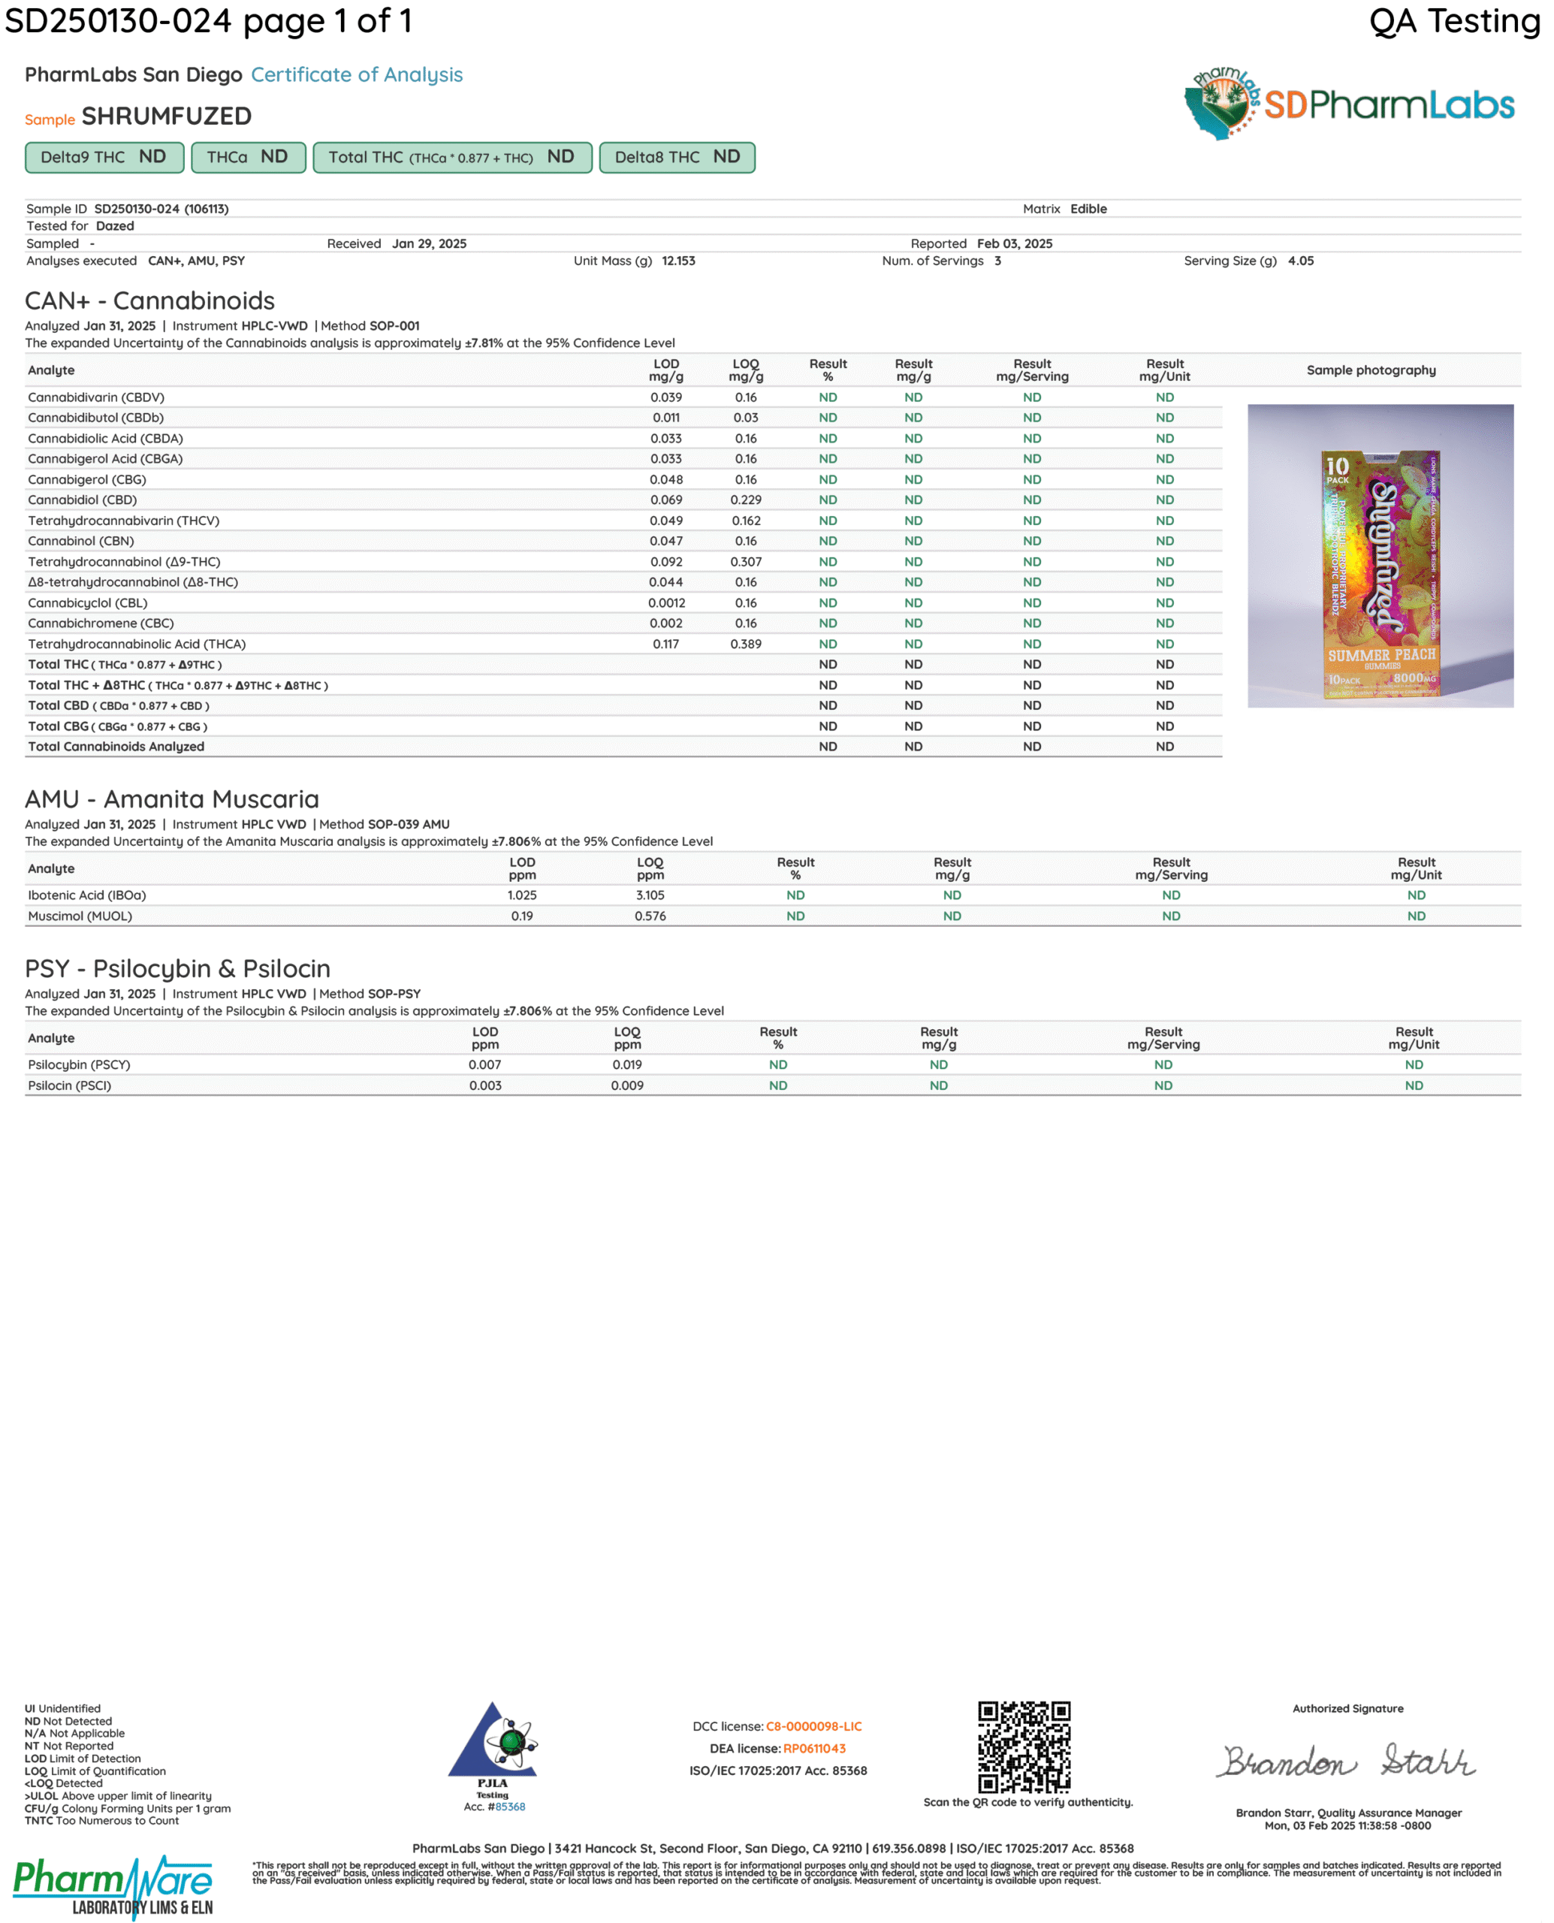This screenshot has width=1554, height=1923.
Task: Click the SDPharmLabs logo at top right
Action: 1349,104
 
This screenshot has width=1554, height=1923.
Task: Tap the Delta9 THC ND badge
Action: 104,158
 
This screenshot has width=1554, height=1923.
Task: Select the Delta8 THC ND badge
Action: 677,158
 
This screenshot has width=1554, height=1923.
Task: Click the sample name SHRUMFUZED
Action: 167,116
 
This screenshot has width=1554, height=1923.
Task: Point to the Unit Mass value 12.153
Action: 677,261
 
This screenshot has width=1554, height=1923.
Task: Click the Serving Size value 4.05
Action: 1300,261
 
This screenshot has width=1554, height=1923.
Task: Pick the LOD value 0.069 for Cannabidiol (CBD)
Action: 666,500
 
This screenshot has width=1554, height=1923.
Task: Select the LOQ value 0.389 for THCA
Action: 746,644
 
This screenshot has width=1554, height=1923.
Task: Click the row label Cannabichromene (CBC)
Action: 101,623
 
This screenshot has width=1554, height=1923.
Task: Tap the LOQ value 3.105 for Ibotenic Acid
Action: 650,895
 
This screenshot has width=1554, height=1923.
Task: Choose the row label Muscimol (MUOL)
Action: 80,916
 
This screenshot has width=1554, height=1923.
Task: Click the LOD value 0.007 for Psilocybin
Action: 485,1064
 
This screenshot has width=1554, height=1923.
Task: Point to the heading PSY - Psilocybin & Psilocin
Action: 177,969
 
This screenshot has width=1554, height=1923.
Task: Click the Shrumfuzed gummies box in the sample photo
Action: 1381,574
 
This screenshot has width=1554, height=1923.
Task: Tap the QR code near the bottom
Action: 1024,1746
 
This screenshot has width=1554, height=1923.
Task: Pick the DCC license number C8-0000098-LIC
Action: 813,1726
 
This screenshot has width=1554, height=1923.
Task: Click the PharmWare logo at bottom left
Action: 113,1885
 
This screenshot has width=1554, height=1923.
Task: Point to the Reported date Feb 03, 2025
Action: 1014,243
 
